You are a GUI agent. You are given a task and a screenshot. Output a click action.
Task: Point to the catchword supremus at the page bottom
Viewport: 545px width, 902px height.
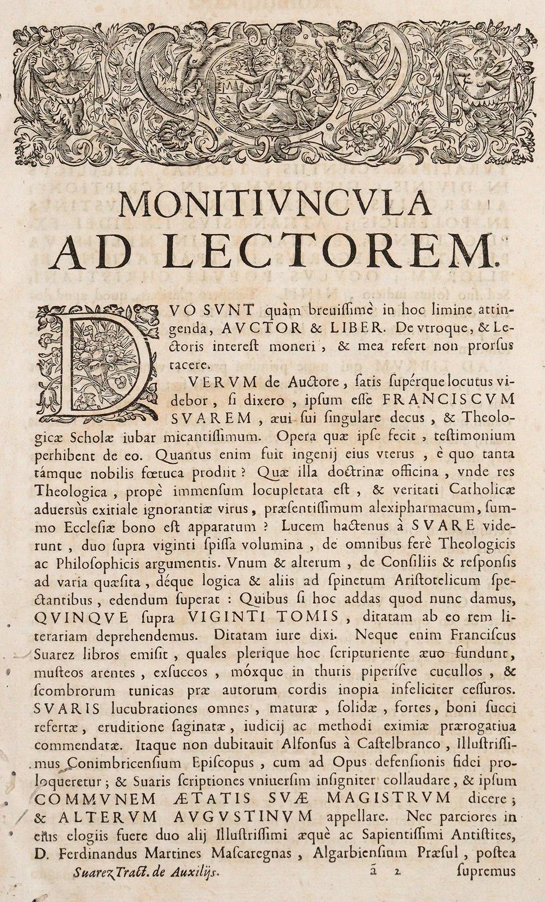coord(488,872)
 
